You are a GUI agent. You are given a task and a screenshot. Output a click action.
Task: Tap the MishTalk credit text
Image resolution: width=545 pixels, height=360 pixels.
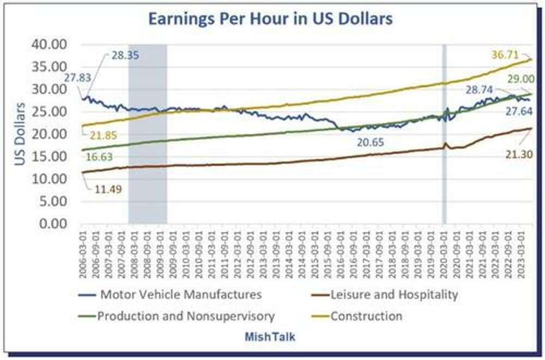pos(270,337)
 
